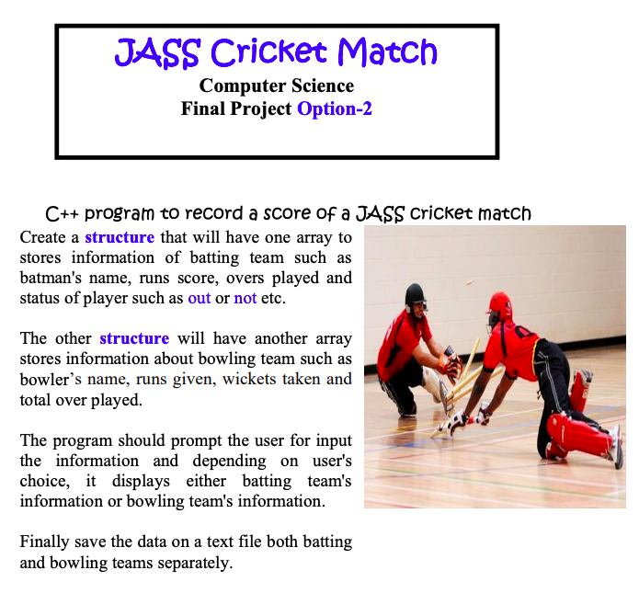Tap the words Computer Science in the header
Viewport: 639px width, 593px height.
pyautogui.click(x=276, y=86)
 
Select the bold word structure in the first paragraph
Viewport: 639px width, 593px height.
pyautogui.click(x=120, y=236)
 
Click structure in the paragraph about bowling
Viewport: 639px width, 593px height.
pyautogui.click(x=134, y=337)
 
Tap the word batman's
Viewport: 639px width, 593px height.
pyautogui.click(x=50, y=277)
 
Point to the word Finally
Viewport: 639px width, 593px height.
pyautogui.click(x=47, y=542)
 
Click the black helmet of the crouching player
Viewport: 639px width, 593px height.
pyautogui.click(x=416, y=296)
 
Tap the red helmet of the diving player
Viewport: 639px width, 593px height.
pyautogui.click(x=498, y=303)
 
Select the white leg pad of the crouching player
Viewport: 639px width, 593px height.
pyautogui.click(x=432, y=386)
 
